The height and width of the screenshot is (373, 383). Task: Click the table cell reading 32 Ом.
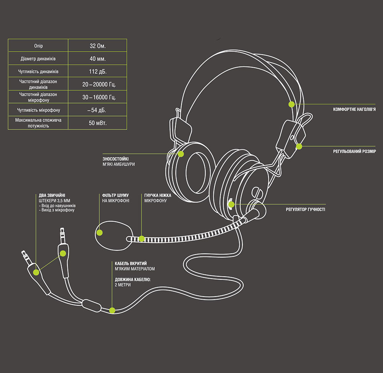click(x=97, y=46)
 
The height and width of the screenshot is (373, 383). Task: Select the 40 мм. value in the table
click(x=97, y=59)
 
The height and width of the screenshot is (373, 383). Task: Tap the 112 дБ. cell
click(x=97, y=71)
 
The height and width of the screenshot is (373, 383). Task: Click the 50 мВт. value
click(x=97, y=123)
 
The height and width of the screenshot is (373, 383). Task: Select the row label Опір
click(x=38, y=46)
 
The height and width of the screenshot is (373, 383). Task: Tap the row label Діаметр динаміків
click(x=38, y=59)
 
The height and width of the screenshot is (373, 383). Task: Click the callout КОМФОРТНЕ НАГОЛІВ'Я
click(x=354, y=110)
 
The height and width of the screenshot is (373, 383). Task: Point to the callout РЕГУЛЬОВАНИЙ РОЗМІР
click(x=354, y=152)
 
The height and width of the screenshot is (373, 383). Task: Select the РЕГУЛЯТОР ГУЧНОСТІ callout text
click(x=305, y=209)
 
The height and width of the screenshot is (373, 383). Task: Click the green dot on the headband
click(x=291, y=104)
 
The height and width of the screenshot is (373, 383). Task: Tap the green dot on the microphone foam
click(x=99, y=232)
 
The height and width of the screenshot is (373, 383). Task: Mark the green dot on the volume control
click(x=231, y=204)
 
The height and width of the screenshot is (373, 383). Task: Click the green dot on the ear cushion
click(x=181, y=154)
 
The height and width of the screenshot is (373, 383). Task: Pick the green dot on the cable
click(x=112, y=310)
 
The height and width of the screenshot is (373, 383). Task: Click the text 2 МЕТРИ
click(x=123, y=285)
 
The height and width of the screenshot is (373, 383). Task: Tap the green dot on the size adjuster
click(x=299, y=146)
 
